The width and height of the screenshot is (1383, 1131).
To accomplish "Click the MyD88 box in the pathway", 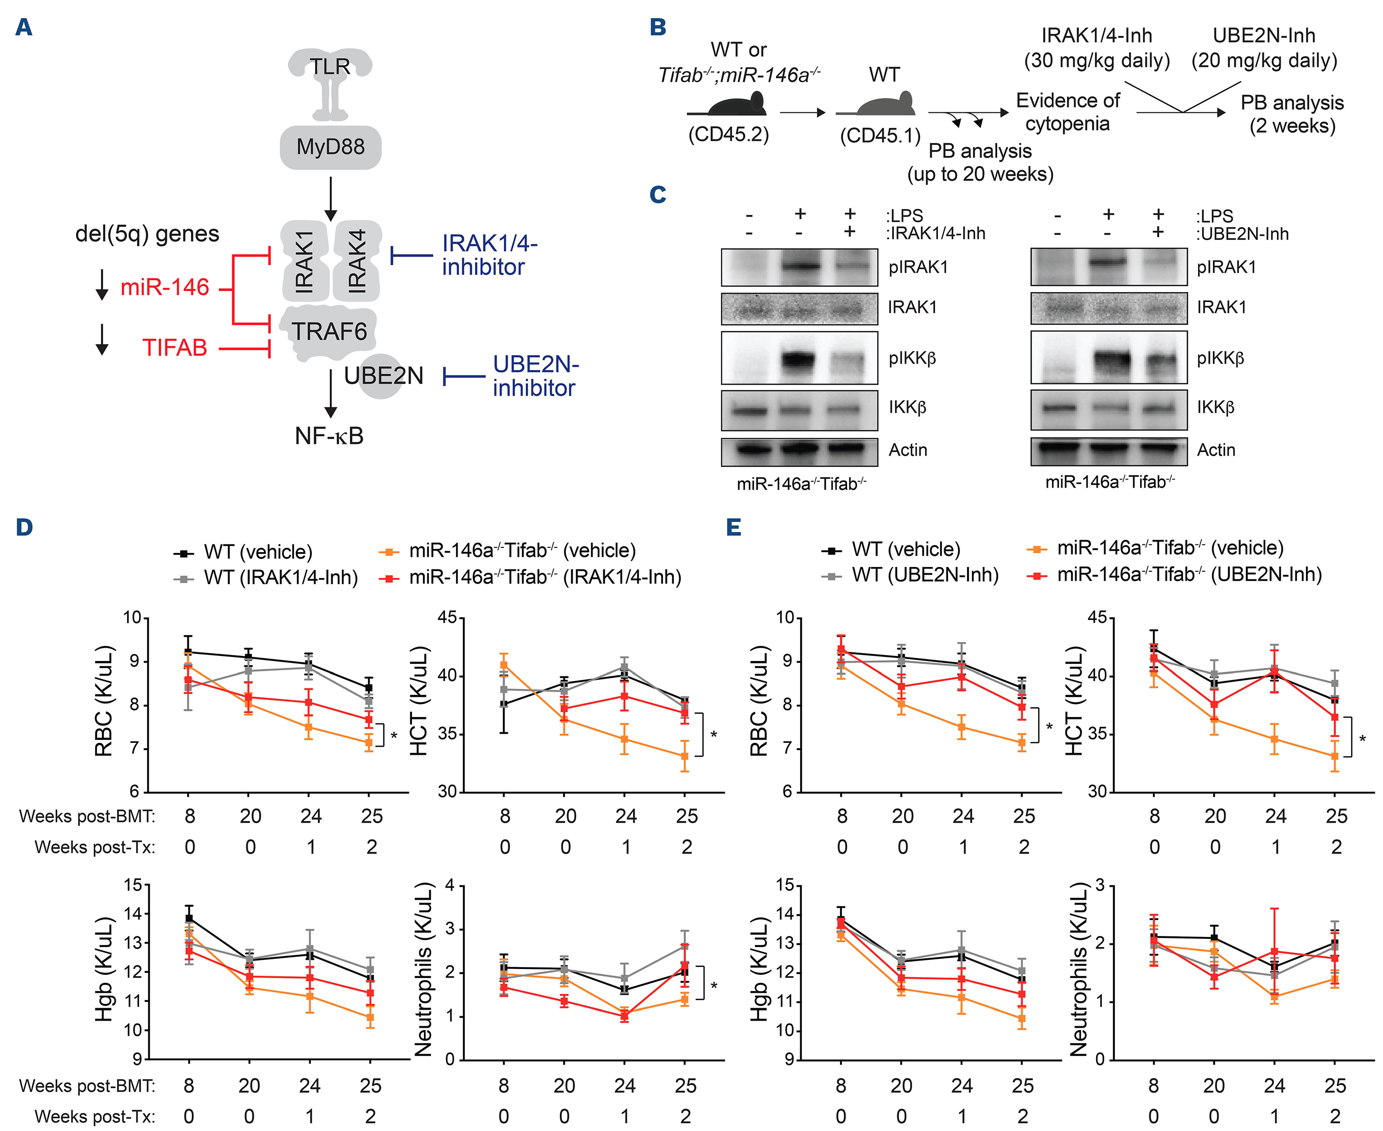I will pyautogui.click(x=330, y=147).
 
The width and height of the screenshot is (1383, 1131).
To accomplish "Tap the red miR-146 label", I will pyautogui.click(x=165, y=287).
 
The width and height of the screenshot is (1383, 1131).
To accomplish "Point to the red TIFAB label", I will pyautogui.click(x=174, y=348).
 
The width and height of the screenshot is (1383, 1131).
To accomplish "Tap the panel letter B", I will pyautogui.click(x=658, y=27).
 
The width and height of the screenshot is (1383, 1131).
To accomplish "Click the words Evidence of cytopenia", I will pyautogui.click(x=1067, y=112).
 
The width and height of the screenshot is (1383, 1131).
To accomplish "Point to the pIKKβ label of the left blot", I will pyautogui.click(x=912, y=359).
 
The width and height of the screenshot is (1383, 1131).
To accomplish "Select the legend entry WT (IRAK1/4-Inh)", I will pyautogui.click(x=280, y=578).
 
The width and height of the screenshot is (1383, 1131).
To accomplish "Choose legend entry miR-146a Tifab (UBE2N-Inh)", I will pyautogui.click(x=1189, y=575).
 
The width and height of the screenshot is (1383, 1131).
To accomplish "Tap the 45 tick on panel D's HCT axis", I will pyautogui.click(x=447, y=618).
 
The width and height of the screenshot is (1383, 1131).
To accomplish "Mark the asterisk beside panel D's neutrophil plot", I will pyautogui.click(x=714, y=986).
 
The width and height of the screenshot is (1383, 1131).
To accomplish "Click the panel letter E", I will pyautogui.click(x=733, y=528).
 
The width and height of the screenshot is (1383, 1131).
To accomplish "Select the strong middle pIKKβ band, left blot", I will pyautogui.click(x=800, y=359).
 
